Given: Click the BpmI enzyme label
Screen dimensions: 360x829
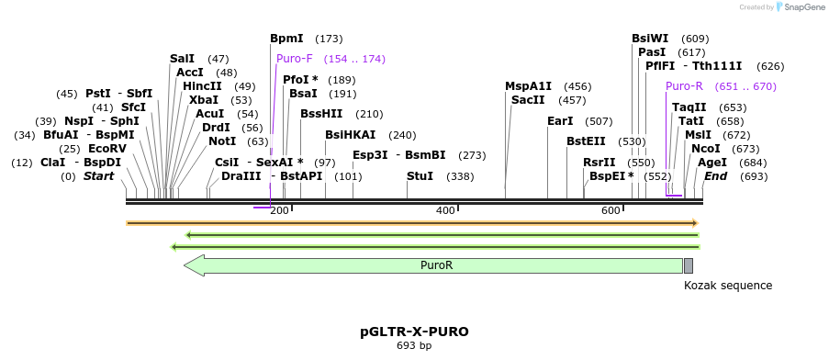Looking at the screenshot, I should point(286,39).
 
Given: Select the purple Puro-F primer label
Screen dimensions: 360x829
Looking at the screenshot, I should point(295,59).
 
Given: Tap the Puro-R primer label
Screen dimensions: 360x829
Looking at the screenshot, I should point(684,86).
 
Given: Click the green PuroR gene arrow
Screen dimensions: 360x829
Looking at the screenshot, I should point(435,265).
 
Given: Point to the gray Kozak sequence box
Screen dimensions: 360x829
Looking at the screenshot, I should point(689,265).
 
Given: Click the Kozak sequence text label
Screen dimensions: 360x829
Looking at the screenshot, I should point(728,286).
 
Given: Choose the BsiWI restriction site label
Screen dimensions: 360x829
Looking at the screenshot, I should point(650,39).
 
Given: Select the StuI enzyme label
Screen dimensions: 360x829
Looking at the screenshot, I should point(420,175).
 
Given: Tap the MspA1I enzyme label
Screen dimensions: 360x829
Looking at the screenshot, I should point(529,86).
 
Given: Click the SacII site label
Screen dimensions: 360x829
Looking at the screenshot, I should point(528,100).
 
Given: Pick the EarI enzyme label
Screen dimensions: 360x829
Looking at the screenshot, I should point(560,120).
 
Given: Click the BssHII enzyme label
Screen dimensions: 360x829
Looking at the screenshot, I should point(321,114).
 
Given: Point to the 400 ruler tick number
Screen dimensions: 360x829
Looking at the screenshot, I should point(445,211).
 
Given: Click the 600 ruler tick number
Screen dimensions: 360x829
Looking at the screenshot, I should point(611,211).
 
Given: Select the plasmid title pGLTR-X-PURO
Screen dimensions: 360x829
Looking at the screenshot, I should point(414,331).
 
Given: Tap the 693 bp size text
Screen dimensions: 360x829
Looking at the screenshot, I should point(414,346).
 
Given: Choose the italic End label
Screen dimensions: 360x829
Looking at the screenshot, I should point(715,175).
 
